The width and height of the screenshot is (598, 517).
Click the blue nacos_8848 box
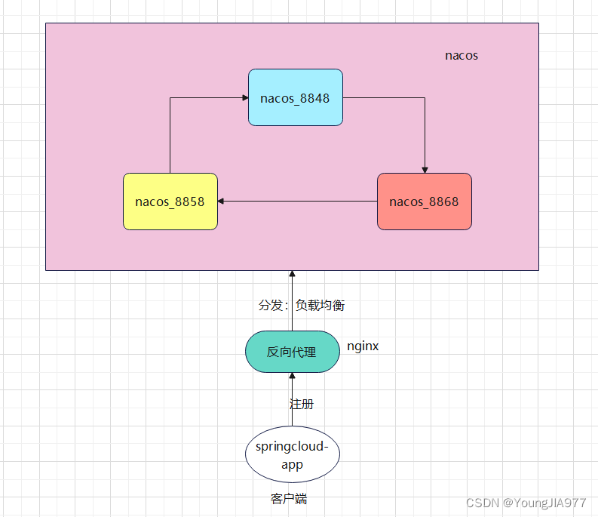296,97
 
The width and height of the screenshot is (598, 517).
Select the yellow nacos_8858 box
170,202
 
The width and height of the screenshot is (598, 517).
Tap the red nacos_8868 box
425,202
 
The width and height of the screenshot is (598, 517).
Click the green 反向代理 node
292,352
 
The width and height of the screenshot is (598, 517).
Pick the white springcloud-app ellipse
292,454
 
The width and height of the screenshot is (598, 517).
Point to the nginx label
363,346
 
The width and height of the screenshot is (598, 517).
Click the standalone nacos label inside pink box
462,56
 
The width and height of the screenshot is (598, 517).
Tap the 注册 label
302,404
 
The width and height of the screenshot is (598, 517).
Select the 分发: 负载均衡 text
302,305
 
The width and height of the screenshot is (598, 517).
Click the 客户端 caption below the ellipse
289,499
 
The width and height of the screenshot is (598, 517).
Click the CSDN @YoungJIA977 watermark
526,503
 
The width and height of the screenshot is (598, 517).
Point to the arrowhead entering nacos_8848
246,98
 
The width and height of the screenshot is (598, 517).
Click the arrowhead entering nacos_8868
425,171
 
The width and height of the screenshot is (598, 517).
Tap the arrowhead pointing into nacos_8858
220,202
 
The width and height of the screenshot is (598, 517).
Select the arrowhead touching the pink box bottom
292,273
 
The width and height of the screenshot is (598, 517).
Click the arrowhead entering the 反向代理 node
292,375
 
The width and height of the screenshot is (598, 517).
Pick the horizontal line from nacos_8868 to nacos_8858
297,202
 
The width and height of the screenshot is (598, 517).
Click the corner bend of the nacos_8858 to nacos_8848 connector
170,98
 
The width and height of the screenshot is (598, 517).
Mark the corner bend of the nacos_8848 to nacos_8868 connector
425,98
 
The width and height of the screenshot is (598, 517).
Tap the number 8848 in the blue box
314,98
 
